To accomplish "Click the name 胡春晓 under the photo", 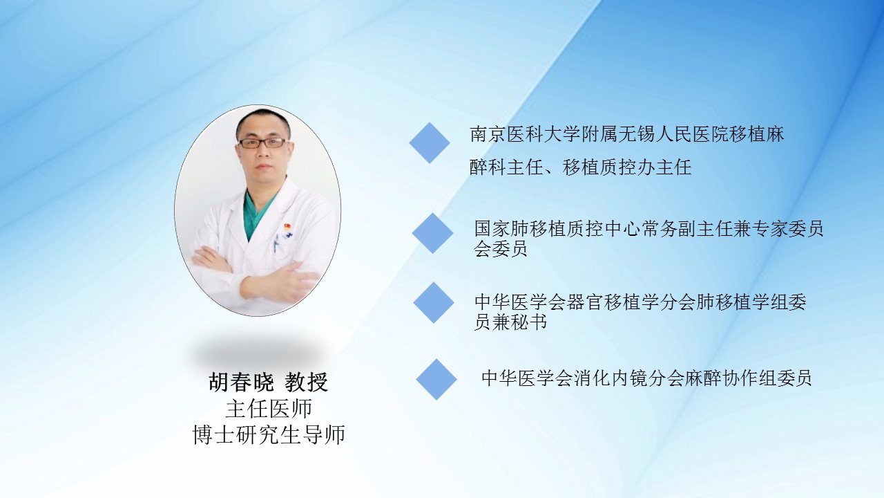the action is coord(241,382).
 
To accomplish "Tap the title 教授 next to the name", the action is coord(307,382).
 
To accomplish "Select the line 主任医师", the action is coord(269,409).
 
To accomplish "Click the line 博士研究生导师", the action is coord(269,434).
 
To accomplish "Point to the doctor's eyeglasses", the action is coord(263,142).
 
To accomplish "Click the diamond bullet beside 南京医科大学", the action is coord(430,142).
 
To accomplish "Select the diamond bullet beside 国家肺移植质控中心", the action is coord(432,233).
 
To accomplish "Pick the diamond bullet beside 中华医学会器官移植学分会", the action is coord(434,303).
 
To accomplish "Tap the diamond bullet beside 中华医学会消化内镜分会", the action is coord(436,380).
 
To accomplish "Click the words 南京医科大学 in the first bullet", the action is coord(526,134).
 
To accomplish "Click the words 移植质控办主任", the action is coord(627,167).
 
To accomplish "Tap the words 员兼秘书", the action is coord(510,322).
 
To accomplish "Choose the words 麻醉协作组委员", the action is coord(748,378).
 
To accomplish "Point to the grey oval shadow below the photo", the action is coord(258,353).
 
